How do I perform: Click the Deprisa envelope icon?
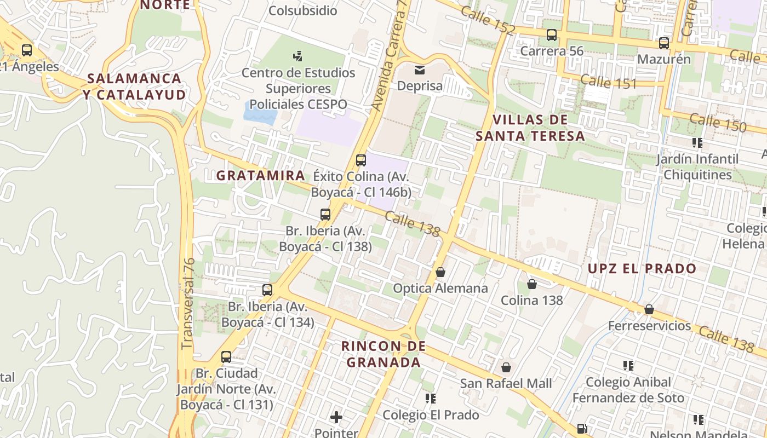(x=420, y=70)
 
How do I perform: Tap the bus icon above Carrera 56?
(x=552, y=34)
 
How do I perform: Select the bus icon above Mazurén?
(x=664, y=43)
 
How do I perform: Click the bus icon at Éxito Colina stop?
(x=361, y=160)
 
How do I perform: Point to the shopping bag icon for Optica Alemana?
(x=440, y=272)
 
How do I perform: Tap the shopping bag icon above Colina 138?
(x=531, y=284)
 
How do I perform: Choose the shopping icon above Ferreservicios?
(x=649, y=309)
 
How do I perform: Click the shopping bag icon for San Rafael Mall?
(x=506, y=367)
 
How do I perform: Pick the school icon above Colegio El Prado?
(x=431, y=398)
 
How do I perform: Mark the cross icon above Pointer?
(x=336, y=418)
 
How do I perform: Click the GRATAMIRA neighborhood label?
(x=261, y=175)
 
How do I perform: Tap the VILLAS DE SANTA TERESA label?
(x=530, y=128)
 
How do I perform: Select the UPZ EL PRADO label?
(x=642, y=269)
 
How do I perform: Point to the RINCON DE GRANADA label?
(x=383, y=354)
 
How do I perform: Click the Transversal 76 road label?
(x=188, y=304)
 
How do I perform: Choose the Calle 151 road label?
(x=608, y=82)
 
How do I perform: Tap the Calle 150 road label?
(x=718, y=123)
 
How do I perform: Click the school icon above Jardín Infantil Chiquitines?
(x=697, y=143)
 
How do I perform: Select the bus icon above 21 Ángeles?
(x=27, y=50)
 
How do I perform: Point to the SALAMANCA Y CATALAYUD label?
(x=135, y=87)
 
